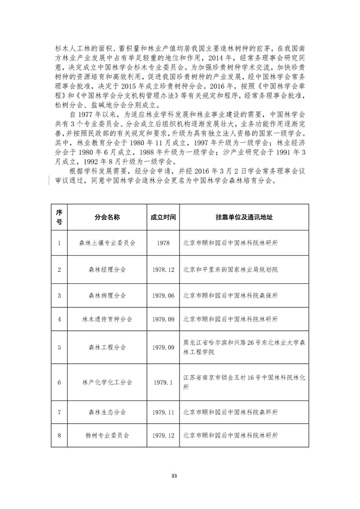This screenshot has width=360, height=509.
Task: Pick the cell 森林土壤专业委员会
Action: tap(107, 243)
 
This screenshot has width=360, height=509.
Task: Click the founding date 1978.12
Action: tap(163, 270)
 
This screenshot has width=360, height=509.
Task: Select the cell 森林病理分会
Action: tap(107, 295)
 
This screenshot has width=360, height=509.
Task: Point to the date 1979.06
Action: tap(163, 295)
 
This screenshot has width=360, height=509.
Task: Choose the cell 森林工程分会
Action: tap(107, 348)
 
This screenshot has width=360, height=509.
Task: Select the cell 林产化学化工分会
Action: tap(107, 382)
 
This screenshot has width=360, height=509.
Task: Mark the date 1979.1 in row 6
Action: tap(163, 382)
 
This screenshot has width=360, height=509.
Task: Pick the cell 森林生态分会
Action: tap(107, 414)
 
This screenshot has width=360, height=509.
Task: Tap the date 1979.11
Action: tap(163, 414)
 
